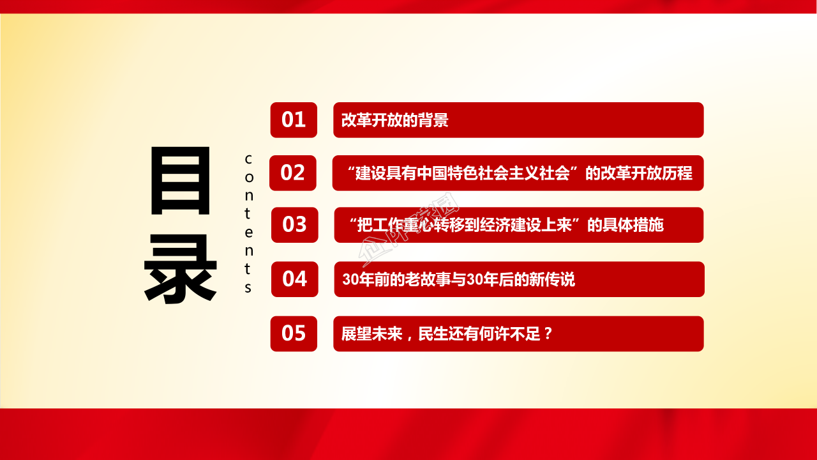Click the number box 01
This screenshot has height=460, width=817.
[294, 120]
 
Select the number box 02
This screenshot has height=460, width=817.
[293, 172]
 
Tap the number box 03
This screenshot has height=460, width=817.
[294, 225]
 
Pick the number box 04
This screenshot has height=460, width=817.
[294, 279]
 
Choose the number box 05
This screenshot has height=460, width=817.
[294, 333]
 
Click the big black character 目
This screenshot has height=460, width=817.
[180, 181]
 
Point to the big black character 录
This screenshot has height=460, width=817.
[180, 268]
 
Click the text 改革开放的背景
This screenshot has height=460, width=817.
[394, 120]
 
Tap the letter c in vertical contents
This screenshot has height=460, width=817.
[248, 158]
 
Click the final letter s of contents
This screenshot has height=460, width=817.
[248, 287]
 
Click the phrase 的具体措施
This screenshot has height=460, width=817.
[626, 225]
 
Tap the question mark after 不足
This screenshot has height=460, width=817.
[546, 333]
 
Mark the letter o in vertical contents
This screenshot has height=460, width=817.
[248, 176]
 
